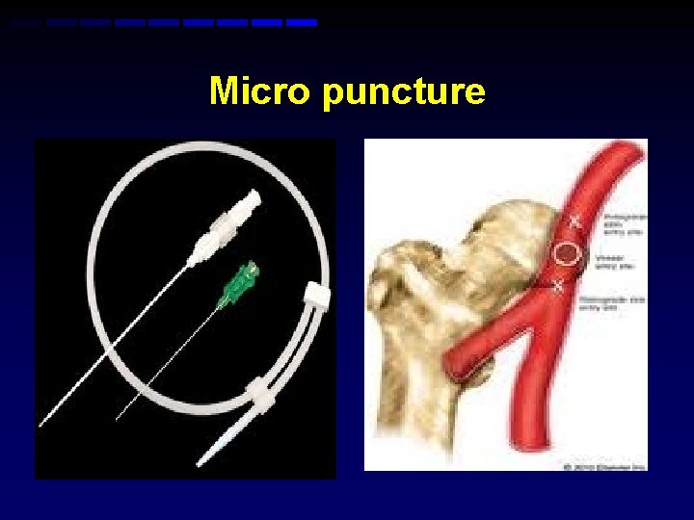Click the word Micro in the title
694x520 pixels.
coord(262,92)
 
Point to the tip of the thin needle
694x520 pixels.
coord(118,419)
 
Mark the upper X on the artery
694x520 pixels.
coord(575,221)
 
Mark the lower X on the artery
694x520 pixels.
coord(557,287)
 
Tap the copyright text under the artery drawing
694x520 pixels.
coord(601,466)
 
